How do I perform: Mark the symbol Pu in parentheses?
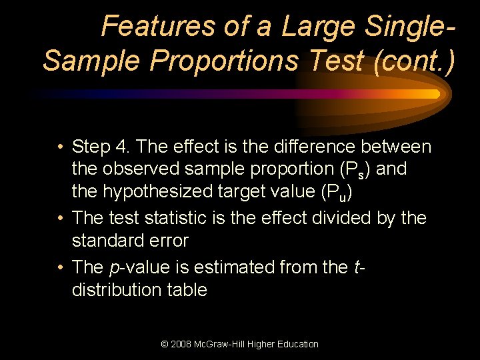coord(337,194)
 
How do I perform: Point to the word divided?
coord(344,217)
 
